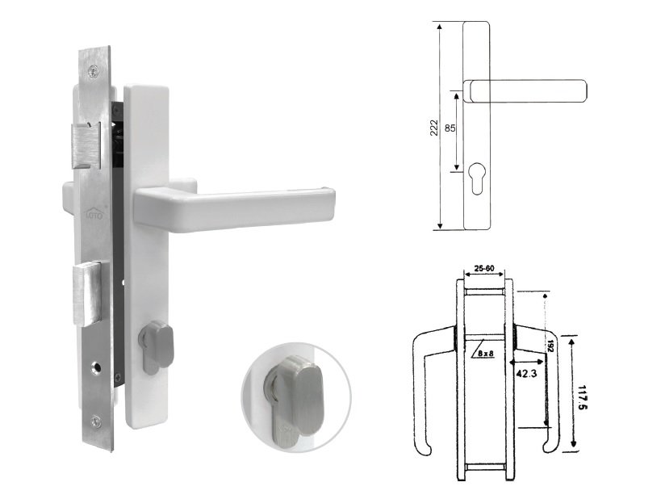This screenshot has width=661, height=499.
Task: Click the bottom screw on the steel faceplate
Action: coord(98,419)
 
